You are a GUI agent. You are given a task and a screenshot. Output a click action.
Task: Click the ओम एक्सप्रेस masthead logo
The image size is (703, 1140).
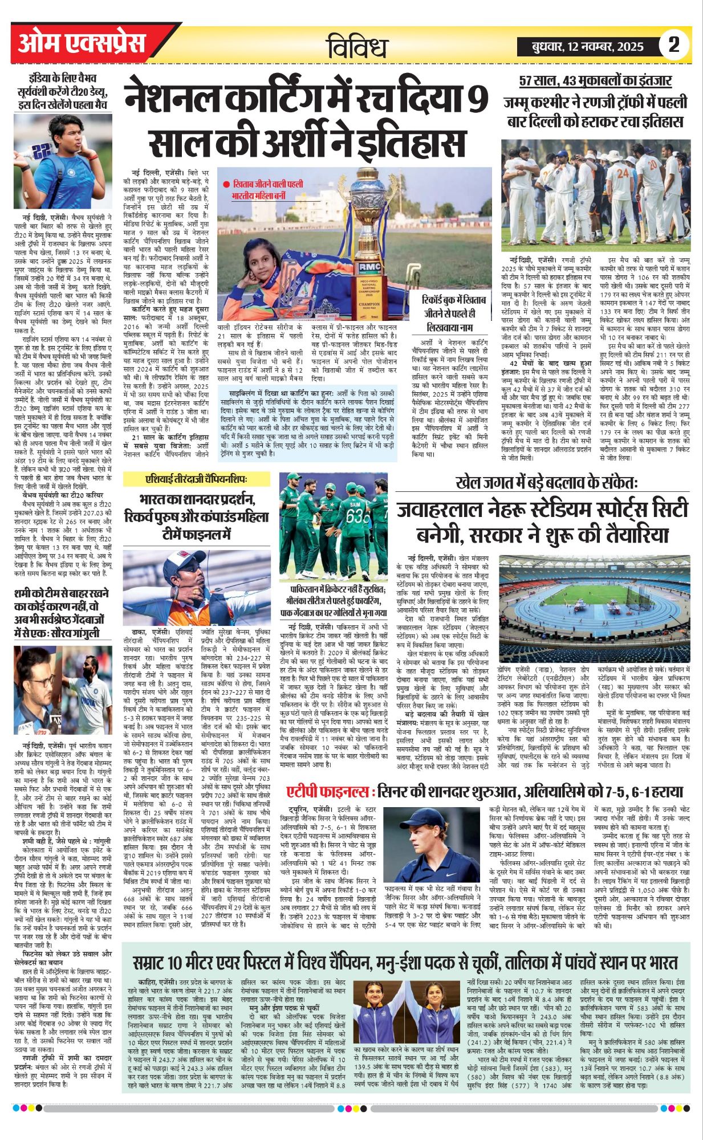[x=82, y=44]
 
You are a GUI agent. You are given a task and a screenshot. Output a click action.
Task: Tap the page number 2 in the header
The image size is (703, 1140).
[x=674, y=44]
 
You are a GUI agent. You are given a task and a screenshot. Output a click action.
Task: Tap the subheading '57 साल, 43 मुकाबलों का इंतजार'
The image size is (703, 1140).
[x=595, y=81]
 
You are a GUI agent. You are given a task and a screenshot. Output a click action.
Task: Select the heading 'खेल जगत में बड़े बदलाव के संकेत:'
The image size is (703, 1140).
[x=547, y=482]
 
